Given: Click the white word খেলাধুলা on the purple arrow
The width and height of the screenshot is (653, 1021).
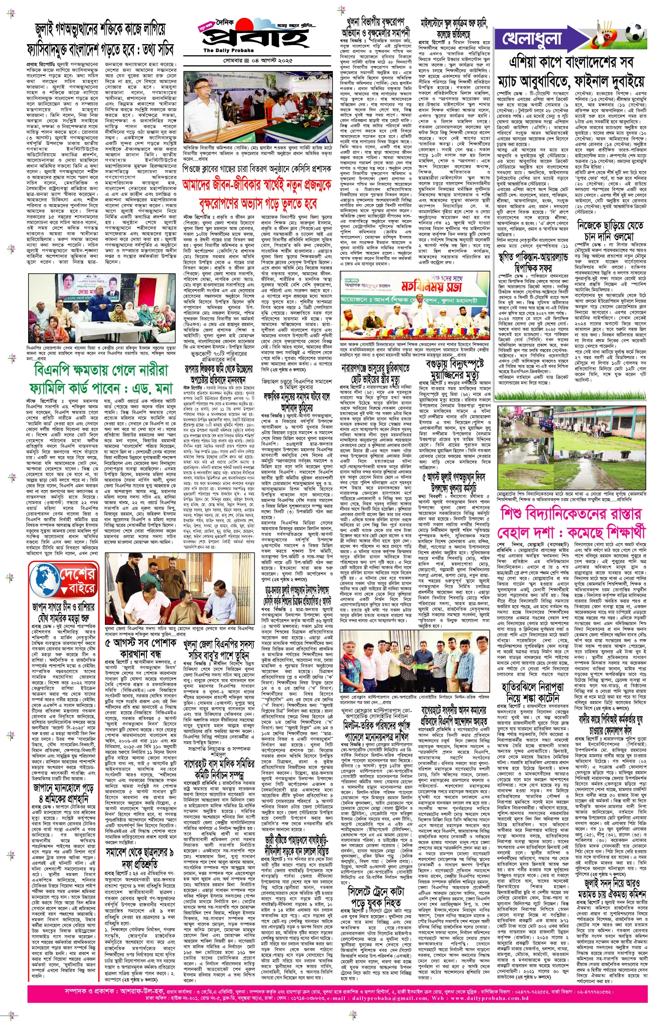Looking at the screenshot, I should point(532,39).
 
